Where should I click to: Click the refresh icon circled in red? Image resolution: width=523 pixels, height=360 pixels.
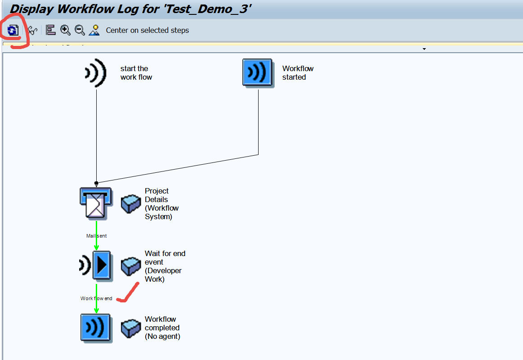[13, 30]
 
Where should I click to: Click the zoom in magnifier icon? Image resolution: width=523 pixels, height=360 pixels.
[65, 30]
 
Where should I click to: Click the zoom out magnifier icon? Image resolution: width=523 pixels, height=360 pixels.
[80, 30]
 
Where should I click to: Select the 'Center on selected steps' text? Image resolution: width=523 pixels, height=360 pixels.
[147, 31]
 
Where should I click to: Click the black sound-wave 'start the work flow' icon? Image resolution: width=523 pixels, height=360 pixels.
[96, 73]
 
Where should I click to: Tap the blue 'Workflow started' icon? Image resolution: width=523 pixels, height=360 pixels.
[258, 72]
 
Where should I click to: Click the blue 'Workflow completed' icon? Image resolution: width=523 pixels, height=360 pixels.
[96, 328]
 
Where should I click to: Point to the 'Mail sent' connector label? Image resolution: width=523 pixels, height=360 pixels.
[96, 236]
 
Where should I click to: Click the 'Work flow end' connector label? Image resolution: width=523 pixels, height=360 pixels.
[96, 298]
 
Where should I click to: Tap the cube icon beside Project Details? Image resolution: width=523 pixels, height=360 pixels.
[131, 204]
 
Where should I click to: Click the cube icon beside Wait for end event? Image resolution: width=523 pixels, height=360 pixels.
[131, 266]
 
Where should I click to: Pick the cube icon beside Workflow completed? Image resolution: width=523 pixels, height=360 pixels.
[131, 328]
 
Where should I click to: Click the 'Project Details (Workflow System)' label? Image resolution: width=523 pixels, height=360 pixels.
[161, 204]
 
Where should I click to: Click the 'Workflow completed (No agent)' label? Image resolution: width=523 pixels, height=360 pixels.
[162, 328]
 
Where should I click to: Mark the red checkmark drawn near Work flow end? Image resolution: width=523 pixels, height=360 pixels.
[127, 292]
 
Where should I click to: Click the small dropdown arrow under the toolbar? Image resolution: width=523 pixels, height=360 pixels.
[424, 49]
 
